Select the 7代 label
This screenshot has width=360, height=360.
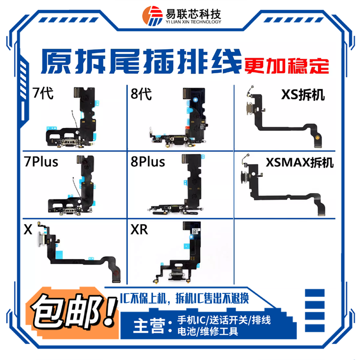coord(44,94)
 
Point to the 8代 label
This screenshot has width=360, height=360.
coord(140,94)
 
